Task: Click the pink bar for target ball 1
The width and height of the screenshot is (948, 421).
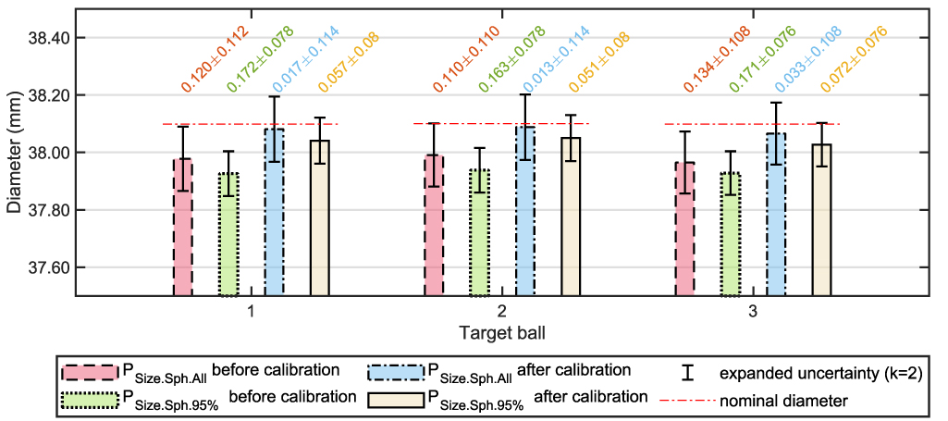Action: [x=182, y=228]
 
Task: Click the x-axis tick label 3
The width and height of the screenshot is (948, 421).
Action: [x=754, y=311]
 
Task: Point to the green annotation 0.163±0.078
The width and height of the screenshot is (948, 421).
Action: [x=509, y=59]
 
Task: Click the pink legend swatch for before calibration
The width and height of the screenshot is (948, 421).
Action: [x=89, y=371]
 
